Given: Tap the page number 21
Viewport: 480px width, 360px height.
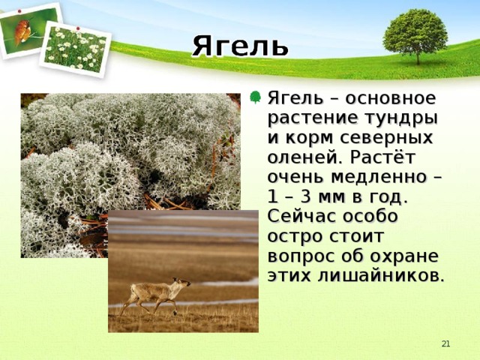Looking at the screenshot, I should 445,343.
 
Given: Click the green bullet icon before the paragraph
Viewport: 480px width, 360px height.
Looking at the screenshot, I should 256,97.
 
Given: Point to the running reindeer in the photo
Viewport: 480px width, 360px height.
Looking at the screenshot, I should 155,292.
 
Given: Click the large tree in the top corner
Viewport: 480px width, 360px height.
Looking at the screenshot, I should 415,33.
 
